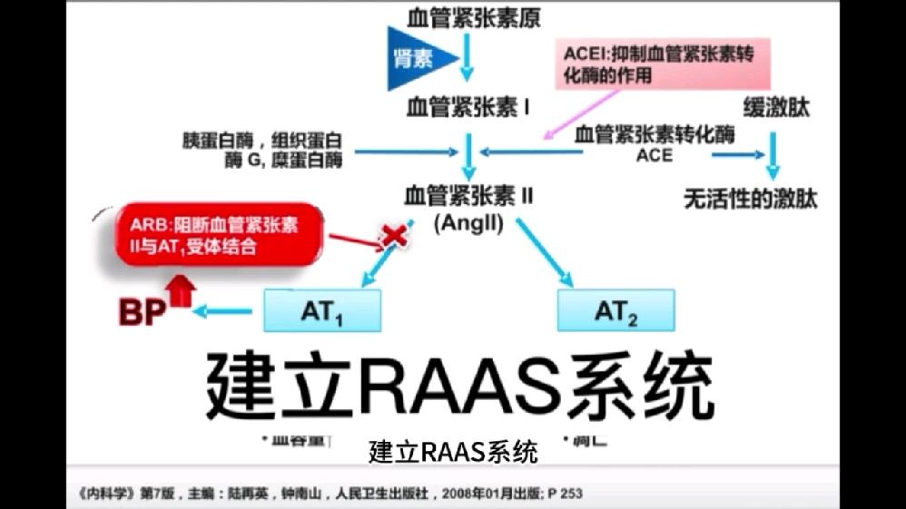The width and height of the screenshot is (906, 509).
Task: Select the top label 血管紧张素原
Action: point(468,17)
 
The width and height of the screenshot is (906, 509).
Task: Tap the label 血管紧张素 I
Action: point(468,109)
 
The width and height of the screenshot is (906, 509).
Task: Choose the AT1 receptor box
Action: point(322,311)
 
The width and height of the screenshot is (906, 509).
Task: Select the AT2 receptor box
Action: point(615,311)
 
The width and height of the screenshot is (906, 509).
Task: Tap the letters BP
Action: point(143,313)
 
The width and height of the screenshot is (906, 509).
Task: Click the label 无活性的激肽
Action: point(750,198)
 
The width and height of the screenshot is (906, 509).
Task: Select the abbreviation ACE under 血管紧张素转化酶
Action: point(655,155)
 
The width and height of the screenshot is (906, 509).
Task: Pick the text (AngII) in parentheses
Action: point(468,221)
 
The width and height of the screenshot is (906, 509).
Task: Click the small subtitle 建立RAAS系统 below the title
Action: point(454,451)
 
